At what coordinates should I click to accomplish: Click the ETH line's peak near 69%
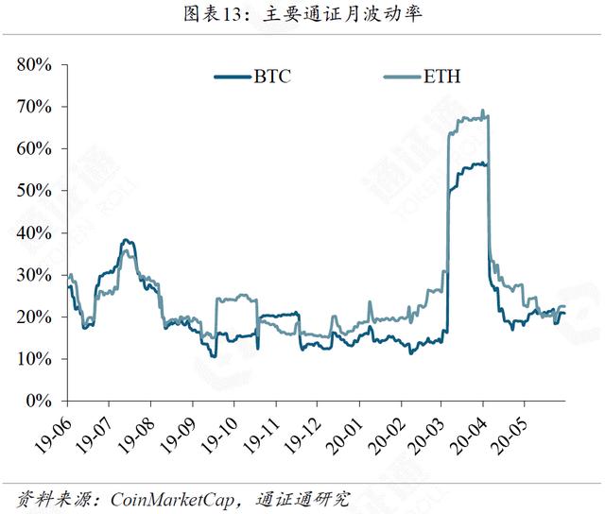pos(483,111)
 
